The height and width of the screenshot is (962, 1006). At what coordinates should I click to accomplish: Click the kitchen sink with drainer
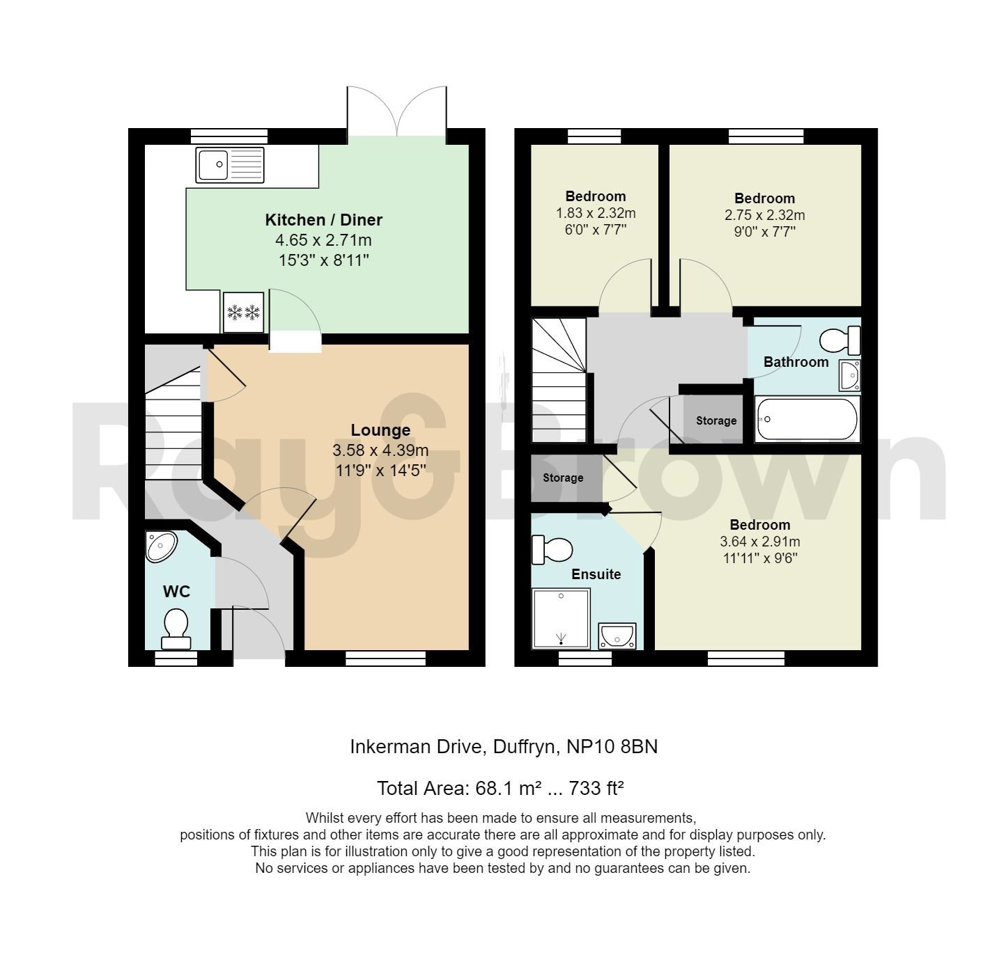click(231, 165)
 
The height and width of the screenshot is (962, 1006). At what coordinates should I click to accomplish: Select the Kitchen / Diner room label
click(323, 220)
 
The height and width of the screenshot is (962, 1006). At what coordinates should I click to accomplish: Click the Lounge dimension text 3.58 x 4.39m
click(380, 450)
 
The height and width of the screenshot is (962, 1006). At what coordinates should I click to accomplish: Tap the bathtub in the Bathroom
click(807, 419)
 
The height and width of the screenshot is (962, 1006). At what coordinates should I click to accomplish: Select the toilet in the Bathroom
click(839, 341)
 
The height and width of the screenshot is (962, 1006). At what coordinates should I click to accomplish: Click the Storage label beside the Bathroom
click(715, 420)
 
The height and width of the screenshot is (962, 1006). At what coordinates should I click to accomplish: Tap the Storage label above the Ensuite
click(563, 478)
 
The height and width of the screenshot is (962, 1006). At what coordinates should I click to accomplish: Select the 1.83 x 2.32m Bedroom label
click(595, 196)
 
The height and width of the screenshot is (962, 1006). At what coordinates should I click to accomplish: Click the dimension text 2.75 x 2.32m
click(764, 215)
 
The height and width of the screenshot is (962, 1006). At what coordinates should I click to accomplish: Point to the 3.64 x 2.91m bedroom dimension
click(759, 542)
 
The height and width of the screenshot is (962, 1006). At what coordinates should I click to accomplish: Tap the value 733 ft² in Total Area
click(596, 789)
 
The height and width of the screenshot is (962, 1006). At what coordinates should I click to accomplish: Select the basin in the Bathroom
click(849, 375)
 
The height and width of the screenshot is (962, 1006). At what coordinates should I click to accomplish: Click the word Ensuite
click(596, 574)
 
